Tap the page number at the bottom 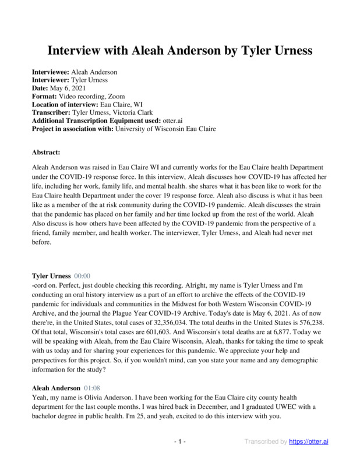click(x=180, y=442)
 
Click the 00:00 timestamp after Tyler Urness click(x=82, y=275)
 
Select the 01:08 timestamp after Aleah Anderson click(x=93, y=387)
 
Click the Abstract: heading click(x=46, y=152)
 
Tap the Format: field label click(x=44, y=96)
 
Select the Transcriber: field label click(x=51, y=112)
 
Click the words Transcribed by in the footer click(x=266, y=442)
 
